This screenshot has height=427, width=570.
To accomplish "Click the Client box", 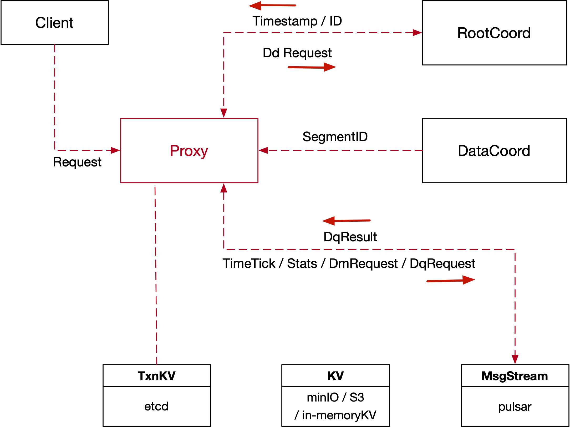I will click(x=54, y=23).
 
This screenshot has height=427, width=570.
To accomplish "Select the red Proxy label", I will click(x=189, y=151).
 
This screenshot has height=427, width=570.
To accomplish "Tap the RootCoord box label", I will click(x=494, y=33).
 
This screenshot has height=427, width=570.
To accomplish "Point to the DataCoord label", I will click(x=494, y=151).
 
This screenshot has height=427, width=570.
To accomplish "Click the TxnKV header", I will click(x=156, y=376).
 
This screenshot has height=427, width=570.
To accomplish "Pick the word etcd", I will click(x=156, y=406).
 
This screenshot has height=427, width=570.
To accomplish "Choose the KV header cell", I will click(x=335, y=376).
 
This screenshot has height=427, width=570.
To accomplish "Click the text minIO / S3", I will click(x=335, y=397).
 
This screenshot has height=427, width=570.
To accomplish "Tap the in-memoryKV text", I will click(x=339, y=415).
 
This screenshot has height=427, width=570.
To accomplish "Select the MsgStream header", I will click(x=515, y=376).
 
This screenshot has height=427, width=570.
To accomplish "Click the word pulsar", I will click(x=515, y=407).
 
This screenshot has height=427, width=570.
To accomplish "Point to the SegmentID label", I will click(x=335, y=137).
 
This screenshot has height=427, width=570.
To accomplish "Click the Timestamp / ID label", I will click(x=297, y=21).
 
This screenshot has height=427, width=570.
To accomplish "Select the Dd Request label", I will click(x=297, y=53).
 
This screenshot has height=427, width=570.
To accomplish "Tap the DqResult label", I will click(x=350, y=237).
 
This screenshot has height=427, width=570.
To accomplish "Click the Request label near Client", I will click(x=77, y=162).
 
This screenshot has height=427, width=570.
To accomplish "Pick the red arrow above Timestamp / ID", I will click(x=272, y=6).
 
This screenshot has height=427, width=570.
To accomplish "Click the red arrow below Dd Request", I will click(x=312, y=67).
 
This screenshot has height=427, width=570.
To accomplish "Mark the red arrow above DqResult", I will click(x=346, y=221).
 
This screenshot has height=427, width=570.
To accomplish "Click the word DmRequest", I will click(x=363, y=263).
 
